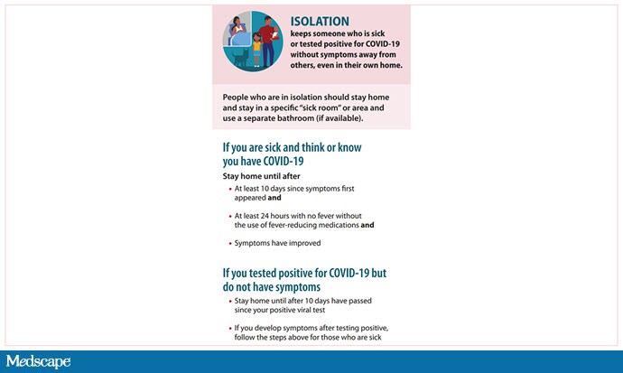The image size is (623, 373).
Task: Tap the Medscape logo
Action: pos(37,361)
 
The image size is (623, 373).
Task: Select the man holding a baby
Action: pos(269,36)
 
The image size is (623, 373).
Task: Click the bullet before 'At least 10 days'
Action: pos(229,189)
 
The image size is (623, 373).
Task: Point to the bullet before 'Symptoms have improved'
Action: pos(229,244)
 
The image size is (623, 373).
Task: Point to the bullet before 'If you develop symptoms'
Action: pos(229,327)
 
